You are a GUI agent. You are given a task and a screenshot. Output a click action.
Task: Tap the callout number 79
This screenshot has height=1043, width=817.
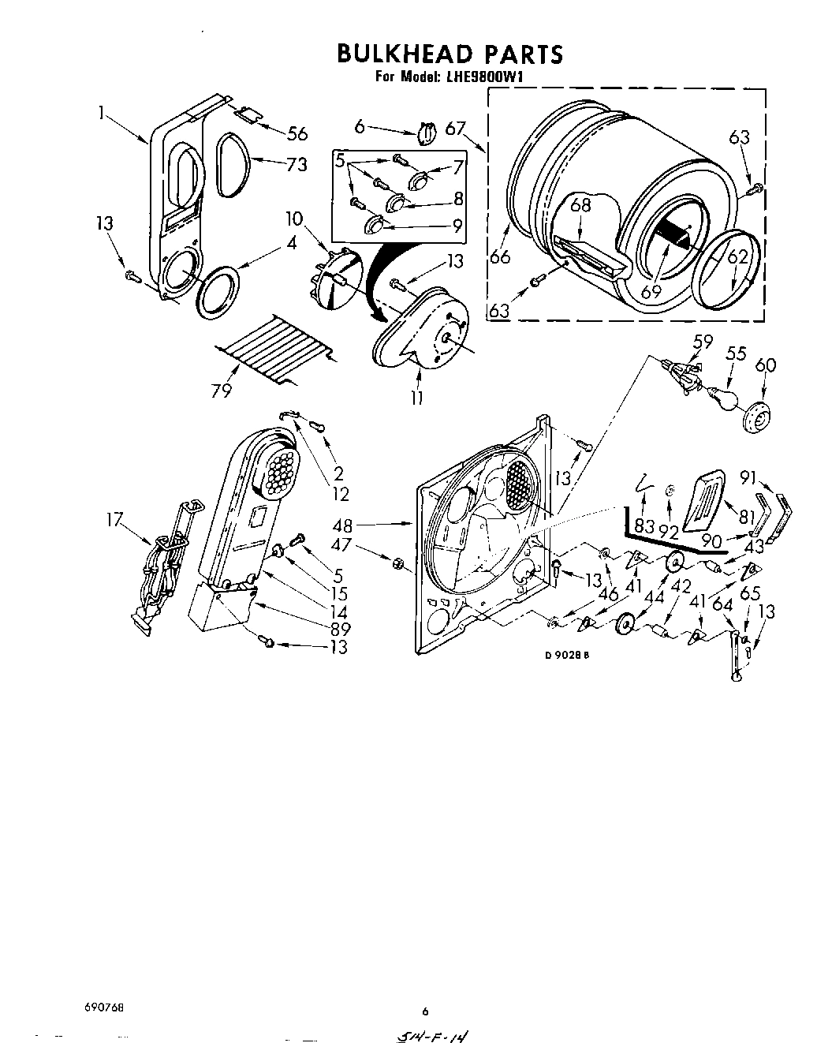pyautogui.click(x=222, y=390)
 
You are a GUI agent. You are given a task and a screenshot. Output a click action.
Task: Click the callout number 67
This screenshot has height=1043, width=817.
pyautogui.click(x=455, y=128)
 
